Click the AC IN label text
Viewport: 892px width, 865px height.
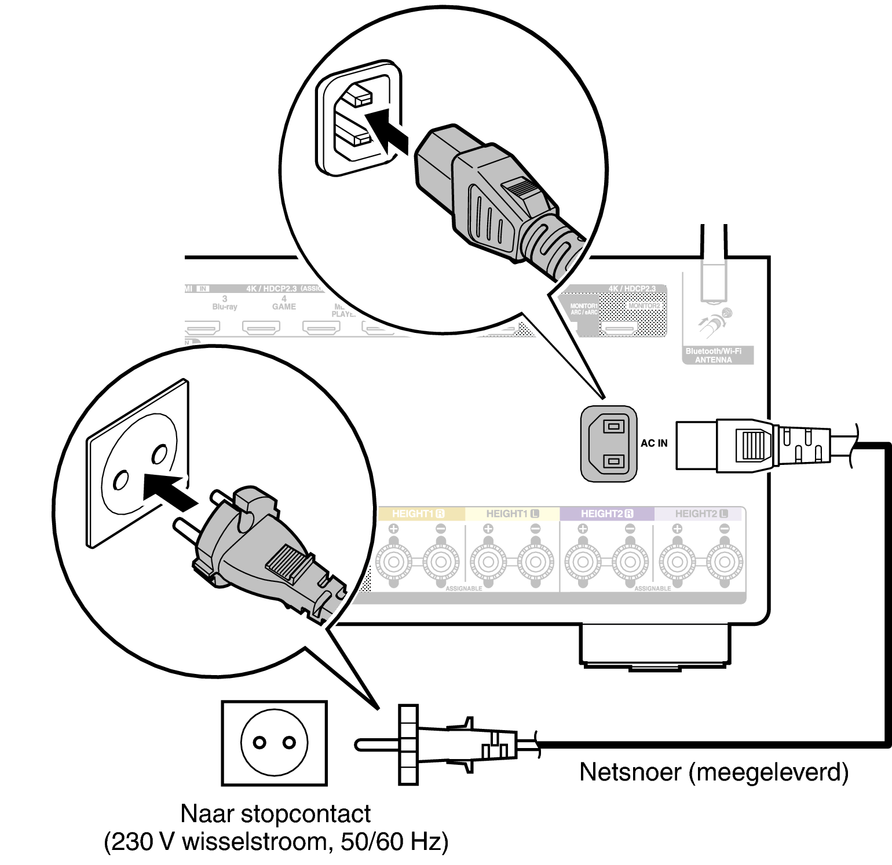653,443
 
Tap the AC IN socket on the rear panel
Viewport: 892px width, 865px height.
609,444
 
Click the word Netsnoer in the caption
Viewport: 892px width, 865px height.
630,772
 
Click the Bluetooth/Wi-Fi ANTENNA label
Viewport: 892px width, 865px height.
714,355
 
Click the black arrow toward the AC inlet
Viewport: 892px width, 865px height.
387,131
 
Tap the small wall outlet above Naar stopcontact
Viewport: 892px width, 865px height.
274,743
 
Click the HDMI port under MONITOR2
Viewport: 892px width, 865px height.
619,328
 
